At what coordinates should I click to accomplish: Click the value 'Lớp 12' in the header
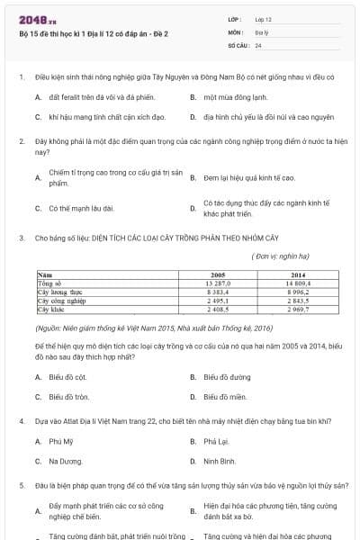coord(264,18)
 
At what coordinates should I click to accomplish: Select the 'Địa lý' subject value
coord(261,31)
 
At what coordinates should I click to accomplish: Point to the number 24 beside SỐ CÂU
coord(258,44)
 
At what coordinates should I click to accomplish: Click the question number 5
coord(21,485)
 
